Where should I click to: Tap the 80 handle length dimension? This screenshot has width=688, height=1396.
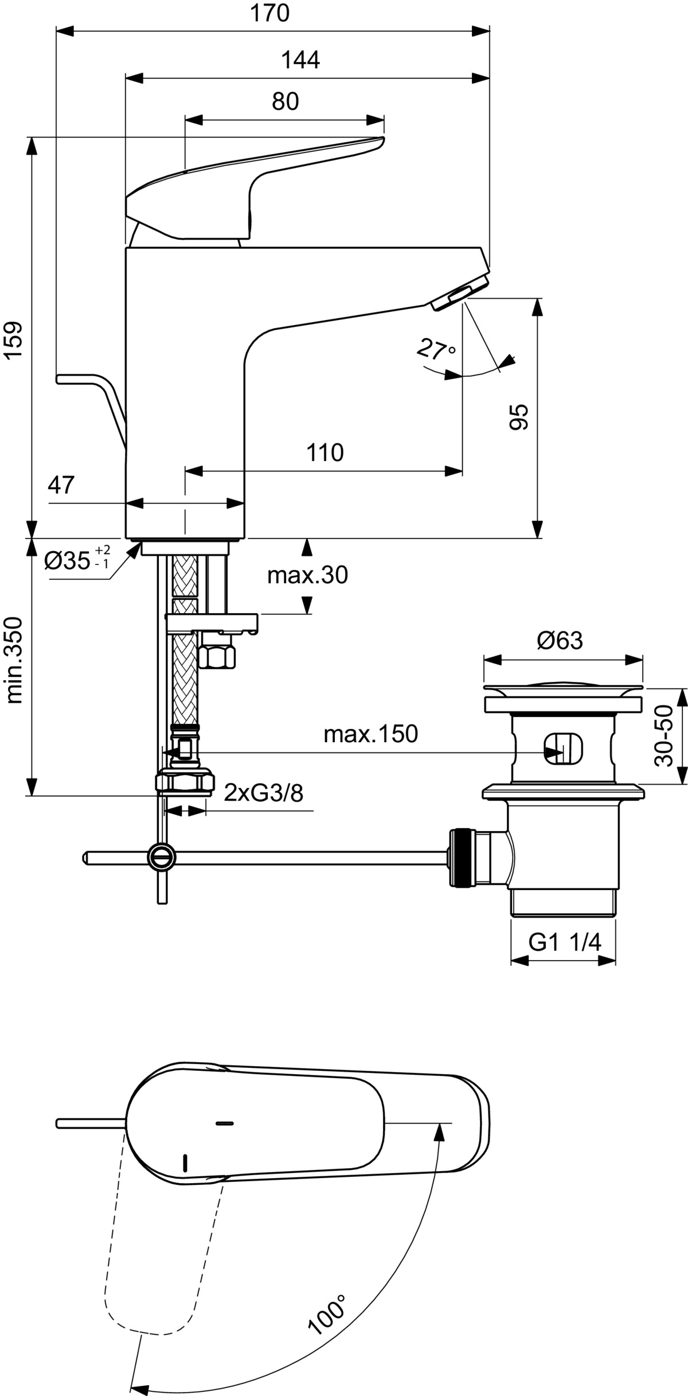286,102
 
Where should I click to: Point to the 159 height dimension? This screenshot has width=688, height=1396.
14,341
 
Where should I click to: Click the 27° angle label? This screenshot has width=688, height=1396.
436,349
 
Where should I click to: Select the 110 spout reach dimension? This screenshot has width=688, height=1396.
325,453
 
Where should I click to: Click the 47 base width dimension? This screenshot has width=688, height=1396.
61,485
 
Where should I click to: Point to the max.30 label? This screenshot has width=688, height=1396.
307,575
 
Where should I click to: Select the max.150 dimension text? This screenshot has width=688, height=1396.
370,734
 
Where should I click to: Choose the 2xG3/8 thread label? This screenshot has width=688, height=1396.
263,793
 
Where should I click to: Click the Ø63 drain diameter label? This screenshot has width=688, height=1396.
560,641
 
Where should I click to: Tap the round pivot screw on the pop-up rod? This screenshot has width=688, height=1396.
162,857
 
